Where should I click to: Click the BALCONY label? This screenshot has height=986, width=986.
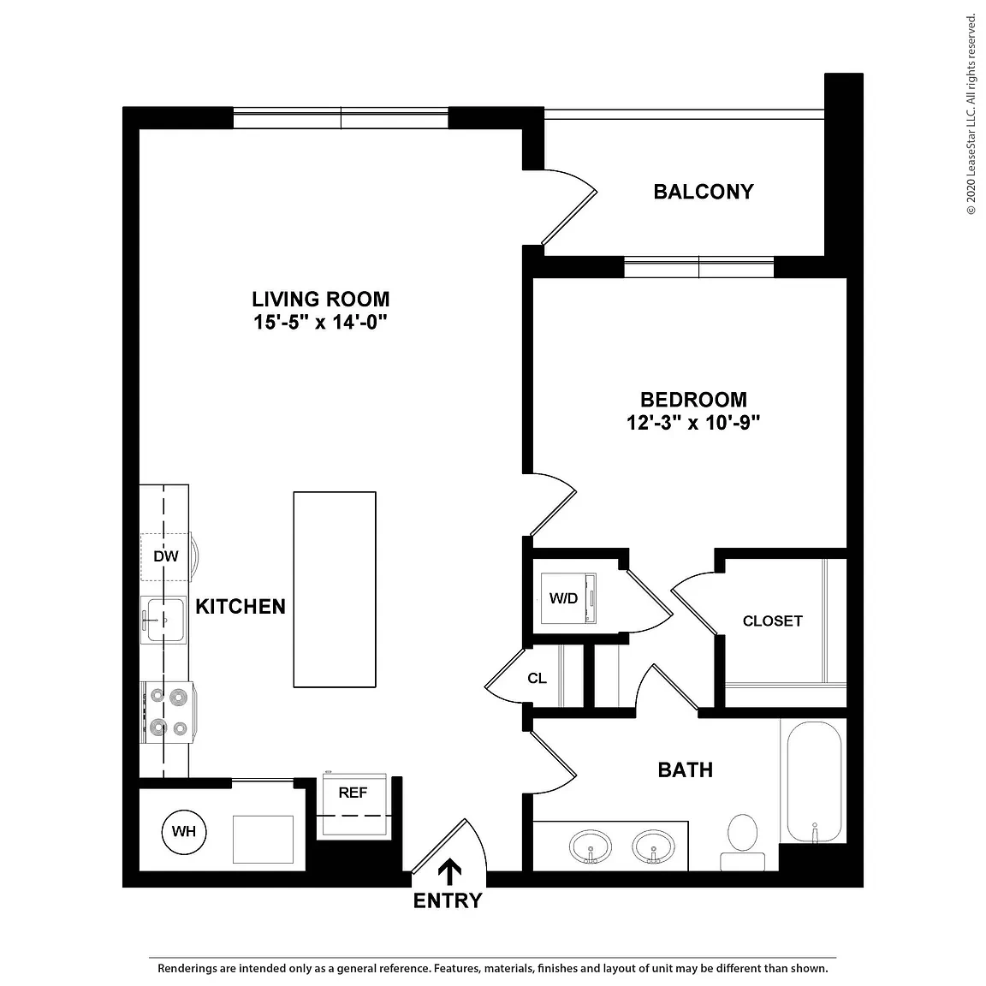[x=703, y=192]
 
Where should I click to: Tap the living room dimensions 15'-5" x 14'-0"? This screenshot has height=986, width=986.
[x=320, y=323]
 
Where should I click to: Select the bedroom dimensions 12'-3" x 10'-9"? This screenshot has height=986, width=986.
[x=693, y=423]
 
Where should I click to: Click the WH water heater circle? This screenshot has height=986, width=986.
[x=184, y=831]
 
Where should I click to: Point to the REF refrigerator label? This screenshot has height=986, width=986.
[x=352, y=793]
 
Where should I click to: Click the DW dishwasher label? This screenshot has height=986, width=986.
[x=165, y=556]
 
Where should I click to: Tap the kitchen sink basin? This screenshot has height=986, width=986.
[x=165, y=620]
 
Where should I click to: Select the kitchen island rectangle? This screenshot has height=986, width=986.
[x=335, y=589]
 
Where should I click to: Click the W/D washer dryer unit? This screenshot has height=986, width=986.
[x=567, y=598]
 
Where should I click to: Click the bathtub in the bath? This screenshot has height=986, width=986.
[x=814, y=781]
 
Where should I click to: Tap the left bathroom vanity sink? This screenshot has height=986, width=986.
[x=591, y=846]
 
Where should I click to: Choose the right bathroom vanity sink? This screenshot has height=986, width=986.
[x=653, y=846]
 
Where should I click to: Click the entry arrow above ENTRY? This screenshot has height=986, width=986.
[x=449, y=871]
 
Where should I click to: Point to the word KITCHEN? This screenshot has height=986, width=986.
[x=241, y=607]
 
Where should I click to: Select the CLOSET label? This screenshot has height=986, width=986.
[x=772, y=621]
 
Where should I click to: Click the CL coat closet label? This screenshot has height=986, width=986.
[x=537, y=679]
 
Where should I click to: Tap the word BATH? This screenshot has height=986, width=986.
[x=686, y=770]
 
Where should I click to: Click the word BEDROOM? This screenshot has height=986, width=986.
[x=693, y=400]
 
